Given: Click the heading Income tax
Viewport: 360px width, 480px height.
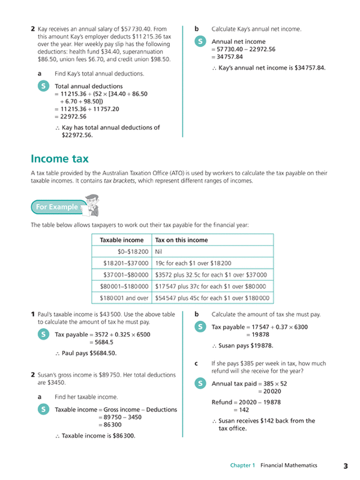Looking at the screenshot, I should point(59,159).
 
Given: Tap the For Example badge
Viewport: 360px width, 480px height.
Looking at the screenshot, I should point(56,207).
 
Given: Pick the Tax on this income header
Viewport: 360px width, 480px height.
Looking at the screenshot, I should point(181,240).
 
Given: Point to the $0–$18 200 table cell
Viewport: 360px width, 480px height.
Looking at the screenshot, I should point(133,252).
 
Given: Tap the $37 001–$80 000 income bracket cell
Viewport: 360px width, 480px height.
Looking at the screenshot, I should point(126,275).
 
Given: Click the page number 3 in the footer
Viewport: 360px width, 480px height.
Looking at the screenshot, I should point(345,466).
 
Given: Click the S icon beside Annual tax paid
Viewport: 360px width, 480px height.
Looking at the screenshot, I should point(200,384).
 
